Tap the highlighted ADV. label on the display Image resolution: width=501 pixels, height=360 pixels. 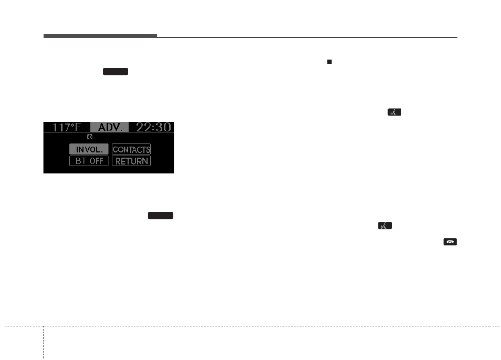[x=110, y=127]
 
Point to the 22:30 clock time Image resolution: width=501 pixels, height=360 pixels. [x=153, y=127]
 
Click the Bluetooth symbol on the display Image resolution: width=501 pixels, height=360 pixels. [x=89, y=136]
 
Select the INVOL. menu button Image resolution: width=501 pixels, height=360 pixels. [x=89, y=149]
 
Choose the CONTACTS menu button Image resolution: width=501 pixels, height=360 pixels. [x=131, y=149]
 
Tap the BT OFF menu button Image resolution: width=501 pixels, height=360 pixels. [x=89, y=161]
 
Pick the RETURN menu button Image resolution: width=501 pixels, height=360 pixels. [x=131, y=161]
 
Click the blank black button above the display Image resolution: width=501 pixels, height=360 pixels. [x=116, y=71]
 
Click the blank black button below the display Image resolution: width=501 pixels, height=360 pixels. [x=161, y=215]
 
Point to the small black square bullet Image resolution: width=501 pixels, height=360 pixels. [x=329, y=61]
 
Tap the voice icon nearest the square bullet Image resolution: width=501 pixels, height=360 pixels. [x=394, y=111]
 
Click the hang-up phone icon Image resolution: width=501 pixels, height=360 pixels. [x=450, y=242]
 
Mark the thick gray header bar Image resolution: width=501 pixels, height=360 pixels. [x=100, y=36]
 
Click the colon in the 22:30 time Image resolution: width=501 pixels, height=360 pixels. [x=153, y=128]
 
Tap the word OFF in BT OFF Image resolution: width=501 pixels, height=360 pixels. [x=96, y=161]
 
